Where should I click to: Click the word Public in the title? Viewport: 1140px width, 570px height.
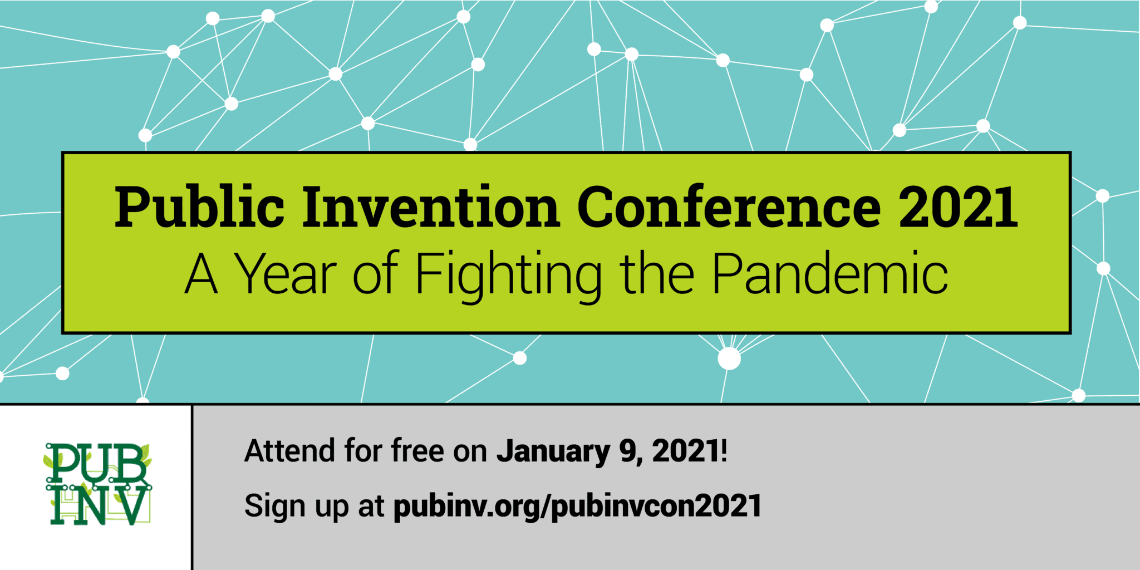pos(199,208)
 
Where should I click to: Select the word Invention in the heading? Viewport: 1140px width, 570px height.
pos(430,208)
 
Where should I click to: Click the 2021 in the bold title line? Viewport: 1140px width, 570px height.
pos(958,208)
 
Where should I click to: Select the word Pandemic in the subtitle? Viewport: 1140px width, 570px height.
pos(829,274)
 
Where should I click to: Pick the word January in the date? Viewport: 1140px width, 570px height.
pos(553,452)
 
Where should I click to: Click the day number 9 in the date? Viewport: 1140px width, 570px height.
pos(628,451)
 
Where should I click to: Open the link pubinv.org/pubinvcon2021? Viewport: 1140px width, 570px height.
pos(577,507)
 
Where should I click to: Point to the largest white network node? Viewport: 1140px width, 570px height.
pos(729,358)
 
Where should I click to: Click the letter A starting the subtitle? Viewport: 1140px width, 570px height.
pos(201,274)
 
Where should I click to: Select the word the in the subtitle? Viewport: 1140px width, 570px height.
pos(657,274)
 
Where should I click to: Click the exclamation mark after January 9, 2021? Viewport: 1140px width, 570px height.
pos(724,451)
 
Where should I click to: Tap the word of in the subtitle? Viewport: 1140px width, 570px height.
pos(375,274)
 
